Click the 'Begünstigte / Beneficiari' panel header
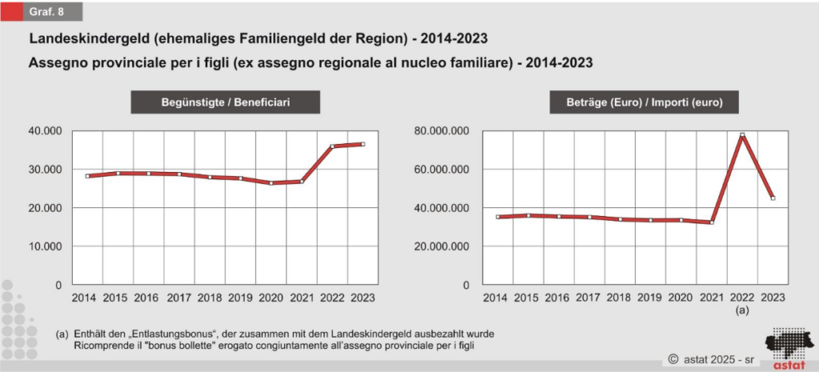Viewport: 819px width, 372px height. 226,102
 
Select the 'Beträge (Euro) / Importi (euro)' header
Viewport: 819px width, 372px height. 642,102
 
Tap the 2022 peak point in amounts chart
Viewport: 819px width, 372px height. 742,135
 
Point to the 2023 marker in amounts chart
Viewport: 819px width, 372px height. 772,198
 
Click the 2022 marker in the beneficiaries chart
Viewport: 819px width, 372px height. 332,146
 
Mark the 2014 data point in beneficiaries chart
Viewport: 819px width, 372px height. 88,176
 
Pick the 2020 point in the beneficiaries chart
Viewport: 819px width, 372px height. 271,183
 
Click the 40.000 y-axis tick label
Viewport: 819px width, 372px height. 46,130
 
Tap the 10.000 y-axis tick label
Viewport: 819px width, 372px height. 46,246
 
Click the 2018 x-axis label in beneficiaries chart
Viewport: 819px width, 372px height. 210,298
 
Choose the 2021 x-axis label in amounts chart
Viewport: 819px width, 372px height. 711,298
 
